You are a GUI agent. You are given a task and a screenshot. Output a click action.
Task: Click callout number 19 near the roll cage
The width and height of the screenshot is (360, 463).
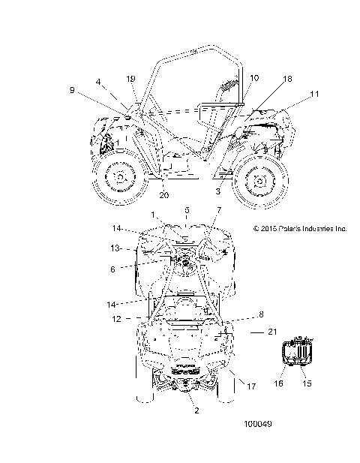[130, 79]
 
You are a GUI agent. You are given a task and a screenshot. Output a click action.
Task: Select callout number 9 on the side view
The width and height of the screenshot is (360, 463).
[72, 90]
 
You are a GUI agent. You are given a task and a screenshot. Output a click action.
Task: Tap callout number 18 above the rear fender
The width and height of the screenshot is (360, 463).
[287, 79]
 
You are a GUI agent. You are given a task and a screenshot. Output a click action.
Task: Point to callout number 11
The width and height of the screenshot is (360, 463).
[314, 94]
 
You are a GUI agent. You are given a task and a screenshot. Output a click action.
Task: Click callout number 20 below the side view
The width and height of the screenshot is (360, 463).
[164, 195]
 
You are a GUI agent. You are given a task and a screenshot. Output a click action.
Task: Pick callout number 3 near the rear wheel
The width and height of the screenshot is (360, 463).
[217, 191]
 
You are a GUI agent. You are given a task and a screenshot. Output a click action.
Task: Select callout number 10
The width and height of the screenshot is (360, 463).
[254, 78]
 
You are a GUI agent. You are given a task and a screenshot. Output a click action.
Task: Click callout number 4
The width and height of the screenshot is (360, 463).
[98, 82]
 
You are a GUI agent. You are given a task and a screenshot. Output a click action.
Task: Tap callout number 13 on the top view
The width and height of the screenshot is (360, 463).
[115, 248]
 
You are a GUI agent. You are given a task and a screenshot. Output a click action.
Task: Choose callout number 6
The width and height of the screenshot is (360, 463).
[112, 269]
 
